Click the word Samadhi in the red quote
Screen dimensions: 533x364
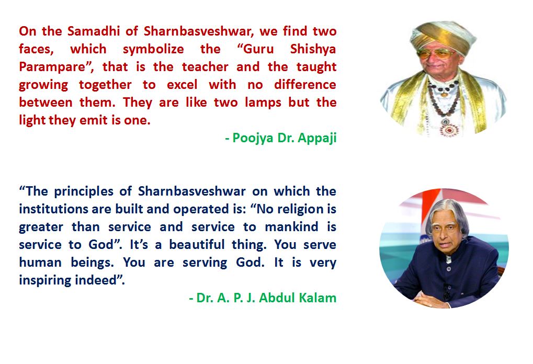click(94, 31)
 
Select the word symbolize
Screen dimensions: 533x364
click(153, 50)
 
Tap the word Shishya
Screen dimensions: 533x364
click(313, 50)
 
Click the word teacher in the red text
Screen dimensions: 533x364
click(205, 66)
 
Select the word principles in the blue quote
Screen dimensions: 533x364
click(84, 192)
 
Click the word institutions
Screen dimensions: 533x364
click(53, 209)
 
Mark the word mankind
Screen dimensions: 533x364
click(291, 226)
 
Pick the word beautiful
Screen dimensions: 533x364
click(197, 244)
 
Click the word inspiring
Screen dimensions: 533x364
click(46, 281)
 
